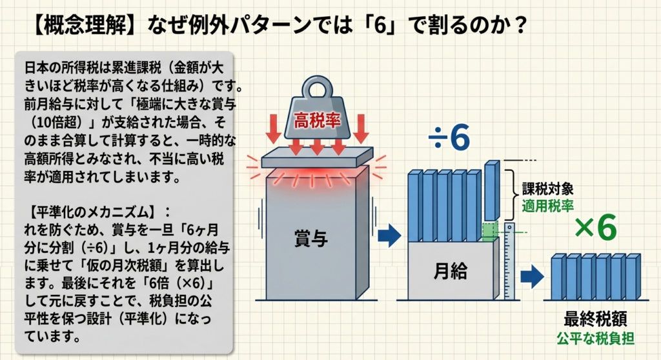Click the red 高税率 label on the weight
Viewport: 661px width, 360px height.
(x=317, y=121)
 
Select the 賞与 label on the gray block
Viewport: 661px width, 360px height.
(x=310, y=239)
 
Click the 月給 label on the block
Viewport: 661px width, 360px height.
(x=450, y=270)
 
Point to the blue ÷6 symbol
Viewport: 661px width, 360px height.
(x=449, y=137)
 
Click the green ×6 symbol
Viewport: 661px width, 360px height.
(x=595, y=227)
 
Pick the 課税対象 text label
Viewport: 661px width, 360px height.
(x=547, y=188)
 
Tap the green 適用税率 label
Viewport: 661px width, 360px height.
(x=547, y=206)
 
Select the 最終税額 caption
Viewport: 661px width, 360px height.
(x=595, y=319)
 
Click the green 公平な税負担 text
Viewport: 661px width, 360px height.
(x=595, y=338)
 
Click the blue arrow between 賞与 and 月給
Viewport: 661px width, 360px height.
(x=389, y=235)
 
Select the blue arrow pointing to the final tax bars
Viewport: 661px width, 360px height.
(x=532, y=277)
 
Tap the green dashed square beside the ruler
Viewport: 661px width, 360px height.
(x=491, y=231)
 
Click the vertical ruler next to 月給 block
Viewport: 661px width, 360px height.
(x=510, y=261)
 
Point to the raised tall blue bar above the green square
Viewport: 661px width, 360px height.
(x=491, y=190)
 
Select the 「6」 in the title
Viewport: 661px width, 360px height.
(x=381, y=25)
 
